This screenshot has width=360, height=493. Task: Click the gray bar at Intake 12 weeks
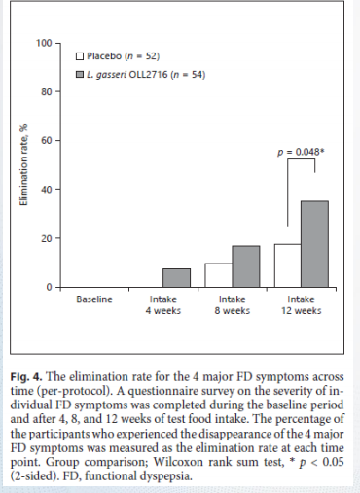314,244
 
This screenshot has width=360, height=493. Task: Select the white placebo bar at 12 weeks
288,265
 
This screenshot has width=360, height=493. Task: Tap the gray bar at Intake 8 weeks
246,266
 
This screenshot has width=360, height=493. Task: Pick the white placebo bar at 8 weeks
218,275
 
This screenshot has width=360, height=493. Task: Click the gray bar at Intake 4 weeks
176,278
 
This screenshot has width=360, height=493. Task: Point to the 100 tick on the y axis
44,43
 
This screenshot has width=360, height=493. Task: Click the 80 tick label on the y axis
47,92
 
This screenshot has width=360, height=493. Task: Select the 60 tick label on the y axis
47,141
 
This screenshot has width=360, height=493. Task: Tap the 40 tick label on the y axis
47,190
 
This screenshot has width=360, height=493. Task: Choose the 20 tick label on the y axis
47,238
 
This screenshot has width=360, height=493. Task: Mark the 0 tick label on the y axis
49,287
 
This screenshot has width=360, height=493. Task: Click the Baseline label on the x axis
94,299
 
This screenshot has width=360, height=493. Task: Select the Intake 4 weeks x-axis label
163,305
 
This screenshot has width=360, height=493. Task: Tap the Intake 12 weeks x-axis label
301,305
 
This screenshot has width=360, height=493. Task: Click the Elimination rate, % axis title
23,164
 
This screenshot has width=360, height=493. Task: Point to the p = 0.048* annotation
302,152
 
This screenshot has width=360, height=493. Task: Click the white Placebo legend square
80,56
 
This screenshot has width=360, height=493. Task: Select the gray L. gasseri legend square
80,75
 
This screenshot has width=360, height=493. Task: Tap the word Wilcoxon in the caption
179,462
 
